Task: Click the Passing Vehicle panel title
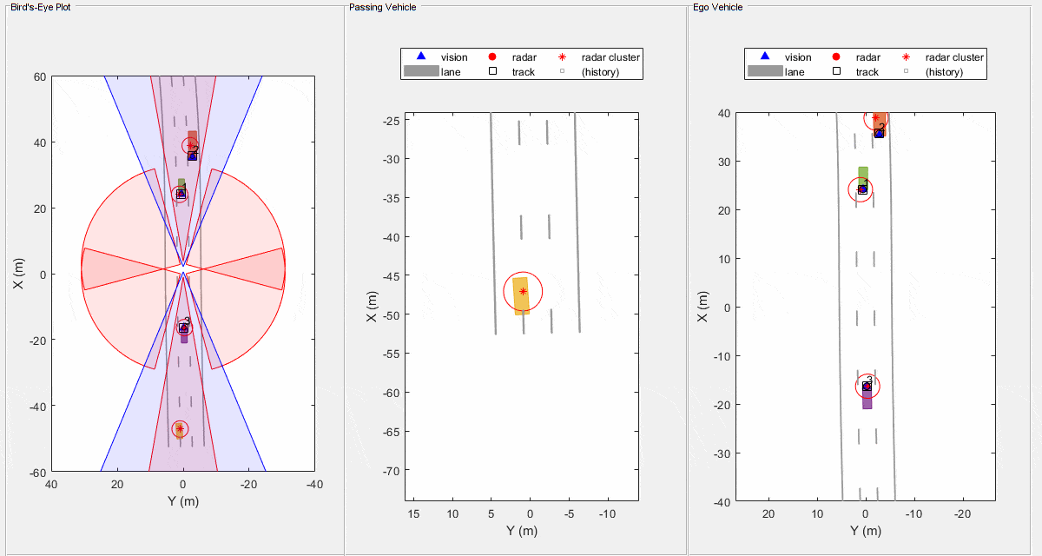click(382, 7)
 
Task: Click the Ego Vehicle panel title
click(717, 7)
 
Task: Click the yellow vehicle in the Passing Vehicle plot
click(521, 295)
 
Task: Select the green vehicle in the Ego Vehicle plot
click(862, 175)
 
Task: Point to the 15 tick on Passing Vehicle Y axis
click(413, 514)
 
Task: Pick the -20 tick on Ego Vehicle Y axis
click(962, 514)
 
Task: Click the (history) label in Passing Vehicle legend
click(600, 72)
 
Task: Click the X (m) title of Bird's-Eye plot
click(17, 275)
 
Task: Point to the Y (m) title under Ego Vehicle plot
click(865, 532)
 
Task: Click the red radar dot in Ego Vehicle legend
click(835, 57)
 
